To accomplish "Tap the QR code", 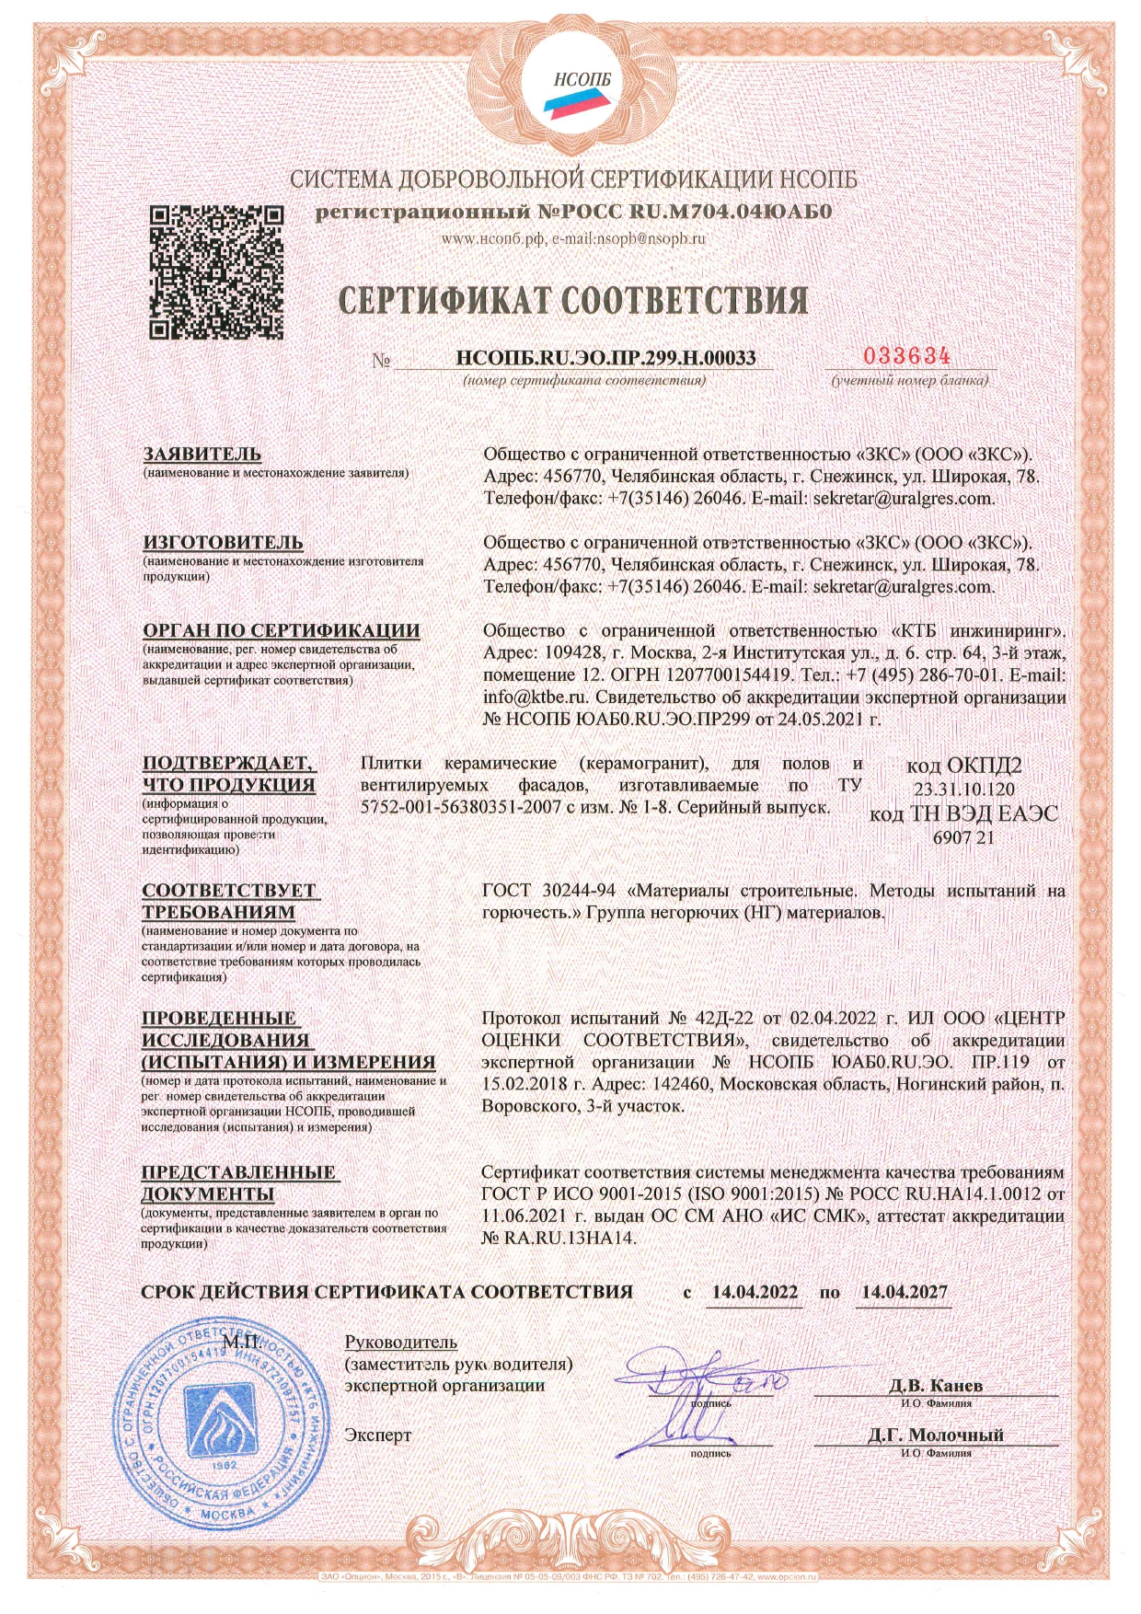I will pyautogui.click(x=215, y=273).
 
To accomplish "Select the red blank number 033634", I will pyautogui.click(x=906, y=356).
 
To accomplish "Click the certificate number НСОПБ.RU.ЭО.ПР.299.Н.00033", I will pyautogui.click(x=605, y=358).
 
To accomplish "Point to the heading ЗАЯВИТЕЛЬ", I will pyautogui.click(x=202, y=455).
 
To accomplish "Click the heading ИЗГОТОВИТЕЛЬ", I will pyautogui.click(x=223, y=543).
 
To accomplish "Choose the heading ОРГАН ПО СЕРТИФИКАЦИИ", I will pyautogui.click(x=281, y=631).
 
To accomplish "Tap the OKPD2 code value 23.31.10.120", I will pyautogui.click(x=963, y=790).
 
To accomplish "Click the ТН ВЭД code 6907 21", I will pyautogui.click(x=963, y=837).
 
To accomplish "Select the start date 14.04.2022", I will pyautogui.click(x=755, y=1292).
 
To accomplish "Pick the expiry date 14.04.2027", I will pyautogui.click(x=904, y=1292).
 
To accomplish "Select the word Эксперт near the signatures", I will pyautogui.click(x=377, y=1435).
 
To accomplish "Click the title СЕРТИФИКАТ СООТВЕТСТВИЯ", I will pyautogui.click(x=573, y=301).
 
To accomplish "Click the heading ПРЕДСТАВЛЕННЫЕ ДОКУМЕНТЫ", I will pyautogui.click(x=237, y=1183).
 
